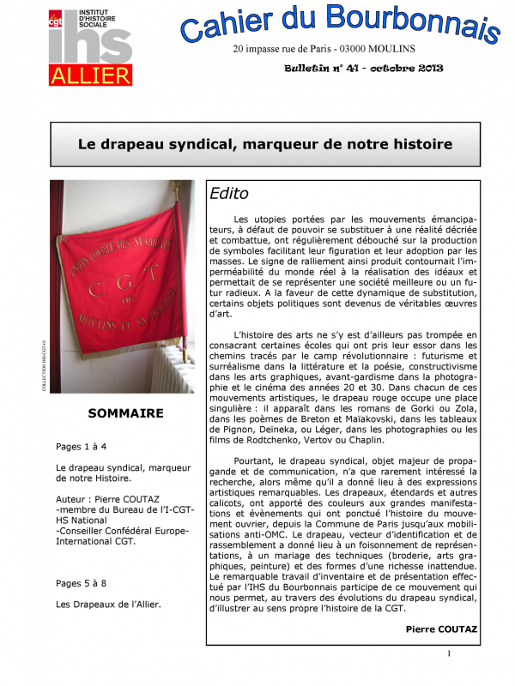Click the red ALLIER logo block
(90, 74)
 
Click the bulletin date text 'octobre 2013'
(407, 68)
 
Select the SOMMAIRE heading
(125, 413)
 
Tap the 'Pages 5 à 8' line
(82, 583)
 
